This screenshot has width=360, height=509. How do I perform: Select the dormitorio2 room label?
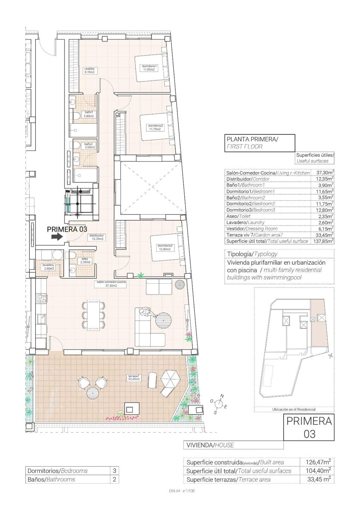[x=155, y=127]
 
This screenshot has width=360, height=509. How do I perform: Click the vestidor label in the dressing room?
[x=89, y=70]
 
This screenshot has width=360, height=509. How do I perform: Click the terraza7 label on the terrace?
[x=134, y=378]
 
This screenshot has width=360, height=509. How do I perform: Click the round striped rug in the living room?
[x=163, y=320]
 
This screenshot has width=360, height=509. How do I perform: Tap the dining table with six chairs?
[x=93, y=315]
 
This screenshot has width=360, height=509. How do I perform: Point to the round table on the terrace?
[x=93, y=394]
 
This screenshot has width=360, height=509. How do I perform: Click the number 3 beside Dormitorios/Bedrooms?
[x=114, y=471]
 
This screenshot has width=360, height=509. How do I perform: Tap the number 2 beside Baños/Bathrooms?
[x=114, y=479]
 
